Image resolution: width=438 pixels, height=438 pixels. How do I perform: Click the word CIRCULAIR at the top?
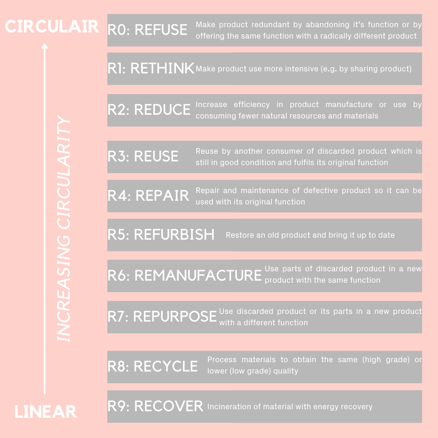(52, 26)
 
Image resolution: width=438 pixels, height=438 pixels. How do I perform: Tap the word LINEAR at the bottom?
(45, 412)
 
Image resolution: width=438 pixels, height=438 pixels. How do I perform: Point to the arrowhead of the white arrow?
(45, 46)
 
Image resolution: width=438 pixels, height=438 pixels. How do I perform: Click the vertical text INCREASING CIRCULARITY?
(64, 228)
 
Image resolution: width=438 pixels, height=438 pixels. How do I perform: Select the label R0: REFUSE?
(148, 30)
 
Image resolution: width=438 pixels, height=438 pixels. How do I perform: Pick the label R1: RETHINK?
(151, 68)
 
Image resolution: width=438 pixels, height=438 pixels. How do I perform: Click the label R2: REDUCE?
(149, 109)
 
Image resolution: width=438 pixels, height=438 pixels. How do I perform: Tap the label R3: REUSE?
(143, 156)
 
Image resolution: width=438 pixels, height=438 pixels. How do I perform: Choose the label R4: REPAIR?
(148, 195)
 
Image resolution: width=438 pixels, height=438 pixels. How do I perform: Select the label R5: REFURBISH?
(161, 234)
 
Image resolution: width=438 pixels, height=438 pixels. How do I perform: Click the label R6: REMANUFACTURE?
(185, 275)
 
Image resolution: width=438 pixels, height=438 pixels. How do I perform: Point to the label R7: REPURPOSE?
(162, 316)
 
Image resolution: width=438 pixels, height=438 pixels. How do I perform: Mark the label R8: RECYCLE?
(153, 366)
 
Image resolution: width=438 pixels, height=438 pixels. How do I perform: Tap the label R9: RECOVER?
(156, 406)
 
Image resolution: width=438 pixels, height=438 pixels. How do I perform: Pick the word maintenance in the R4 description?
(264, 191)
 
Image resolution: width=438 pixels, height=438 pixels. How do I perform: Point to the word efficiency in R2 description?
(252, 105)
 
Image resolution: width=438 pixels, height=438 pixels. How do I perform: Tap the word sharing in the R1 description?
(361, 69)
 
